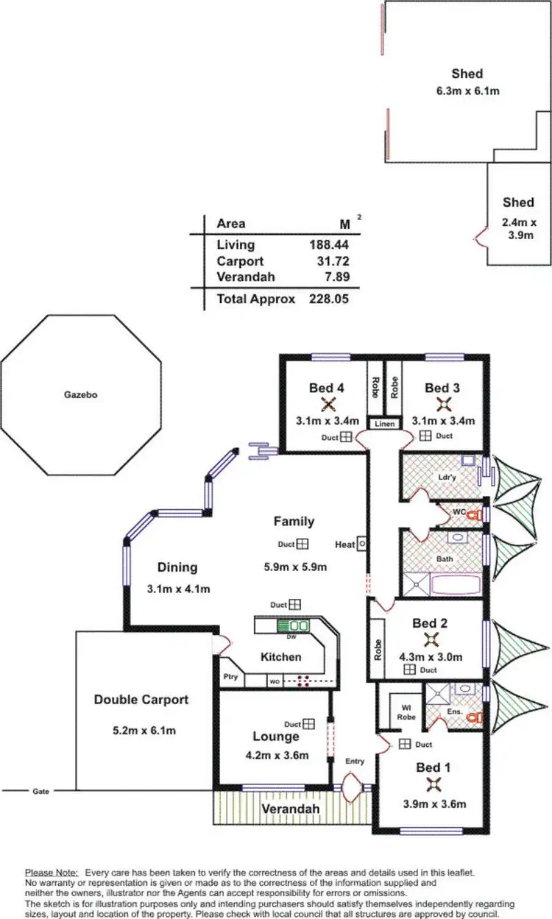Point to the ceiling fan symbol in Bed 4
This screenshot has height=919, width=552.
pos(329,403)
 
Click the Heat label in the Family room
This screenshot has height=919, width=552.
pos(344,544)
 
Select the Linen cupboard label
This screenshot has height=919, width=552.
pos(385,424)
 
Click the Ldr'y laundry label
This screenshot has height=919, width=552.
pos(446,478)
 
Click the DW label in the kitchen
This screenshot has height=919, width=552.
pos(291,637)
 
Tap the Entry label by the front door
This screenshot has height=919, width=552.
pos(355,761)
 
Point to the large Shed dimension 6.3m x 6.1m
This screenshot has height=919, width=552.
pos(467,91)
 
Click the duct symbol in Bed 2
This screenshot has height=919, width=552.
pos(409,670)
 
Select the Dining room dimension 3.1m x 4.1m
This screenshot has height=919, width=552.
pos(177,589)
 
